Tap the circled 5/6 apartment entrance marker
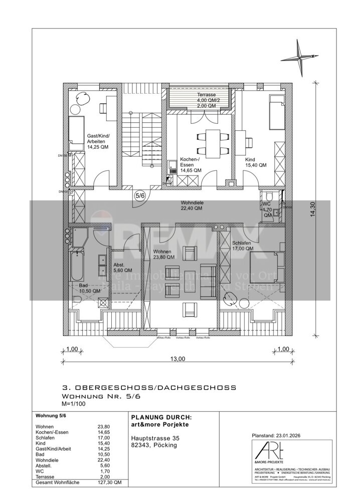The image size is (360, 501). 139,196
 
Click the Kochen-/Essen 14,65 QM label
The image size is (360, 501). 191,165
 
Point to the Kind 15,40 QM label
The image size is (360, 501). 255,162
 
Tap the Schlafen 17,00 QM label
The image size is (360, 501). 243,245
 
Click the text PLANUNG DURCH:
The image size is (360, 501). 161,417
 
